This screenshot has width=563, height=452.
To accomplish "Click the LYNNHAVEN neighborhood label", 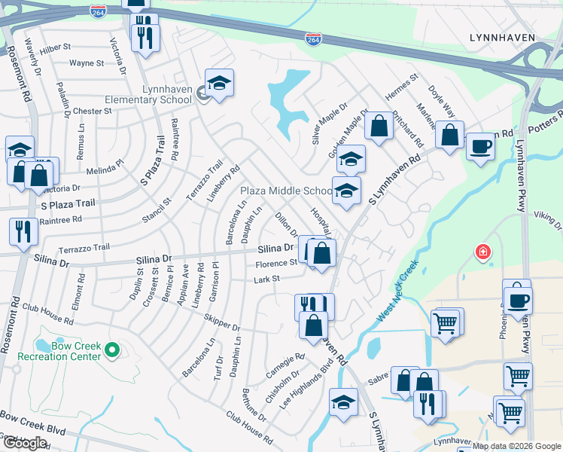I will pos(501,37).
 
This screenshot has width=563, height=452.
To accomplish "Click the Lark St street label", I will pos(266,279).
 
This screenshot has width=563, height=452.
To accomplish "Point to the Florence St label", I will pos(276,264).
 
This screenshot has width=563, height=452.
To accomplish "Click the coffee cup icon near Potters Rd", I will pos(479,145).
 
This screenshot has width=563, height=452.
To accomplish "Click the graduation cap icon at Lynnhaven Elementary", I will pos(218,83).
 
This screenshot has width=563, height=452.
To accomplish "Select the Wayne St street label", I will pos(86,63).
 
